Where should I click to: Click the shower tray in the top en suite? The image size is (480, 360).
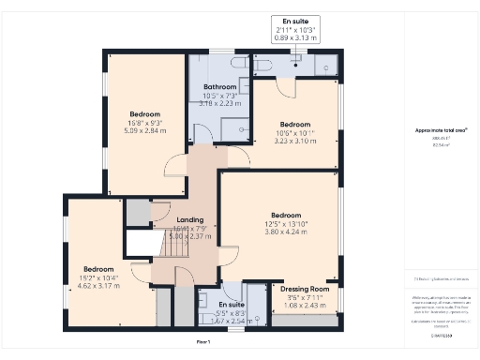324,64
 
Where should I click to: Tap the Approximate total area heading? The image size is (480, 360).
442,128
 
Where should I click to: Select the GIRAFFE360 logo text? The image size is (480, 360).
442,334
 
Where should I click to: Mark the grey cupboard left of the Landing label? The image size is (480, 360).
138,213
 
